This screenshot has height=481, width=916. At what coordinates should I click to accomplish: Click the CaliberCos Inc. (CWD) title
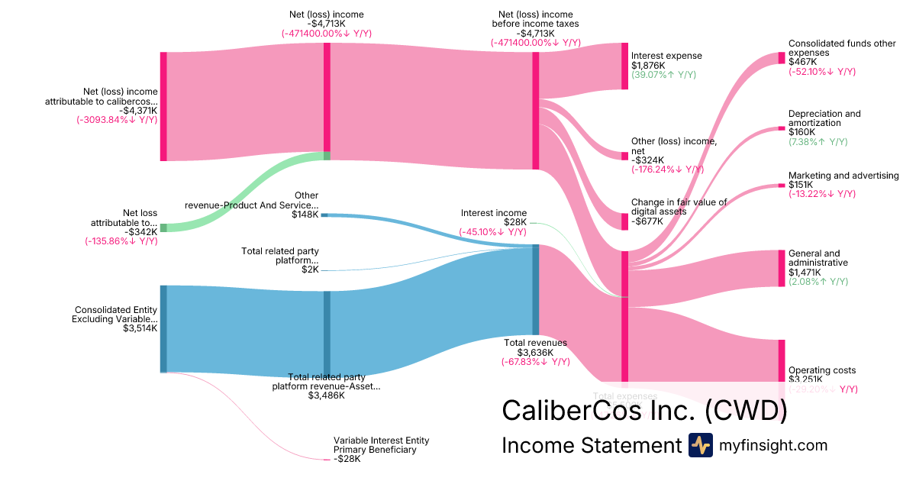(643, 410)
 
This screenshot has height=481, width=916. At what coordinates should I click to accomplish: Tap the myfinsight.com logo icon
(700, 445)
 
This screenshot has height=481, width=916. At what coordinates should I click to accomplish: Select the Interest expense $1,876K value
(647, 66)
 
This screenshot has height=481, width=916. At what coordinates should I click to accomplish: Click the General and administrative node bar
(781, 268)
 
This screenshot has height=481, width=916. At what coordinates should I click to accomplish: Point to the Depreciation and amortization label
(824, 118)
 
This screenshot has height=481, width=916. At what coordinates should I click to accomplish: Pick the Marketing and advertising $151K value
(801, 185)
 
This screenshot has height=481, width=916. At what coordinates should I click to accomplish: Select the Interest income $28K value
(515, 222)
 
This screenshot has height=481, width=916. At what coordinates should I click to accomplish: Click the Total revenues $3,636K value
(535, 353)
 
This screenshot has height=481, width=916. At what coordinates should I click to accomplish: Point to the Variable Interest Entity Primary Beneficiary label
(381, 445)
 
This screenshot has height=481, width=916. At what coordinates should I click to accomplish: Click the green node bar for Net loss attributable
(163, 228)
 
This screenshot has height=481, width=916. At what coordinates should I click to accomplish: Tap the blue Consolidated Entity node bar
(163, 328)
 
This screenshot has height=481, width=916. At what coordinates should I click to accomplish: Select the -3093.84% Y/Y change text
(117, 119)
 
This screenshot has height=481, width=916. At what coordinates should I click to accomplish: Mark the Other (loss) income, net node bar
(624, 156)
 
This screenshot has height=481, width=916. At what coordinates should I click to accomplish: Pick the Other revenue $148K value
(305, 215)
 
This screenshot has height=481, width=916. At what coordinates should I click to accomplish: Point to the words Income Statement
(590, 446)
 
